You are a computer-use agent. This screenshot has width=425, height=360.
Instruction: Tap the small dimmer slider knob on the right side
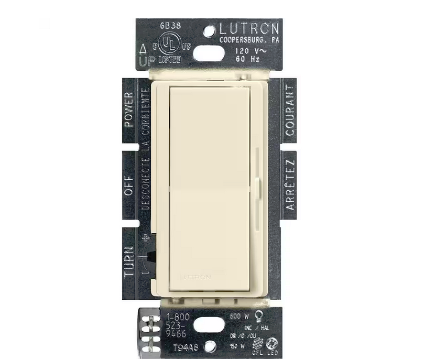[x=259, y=184]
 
